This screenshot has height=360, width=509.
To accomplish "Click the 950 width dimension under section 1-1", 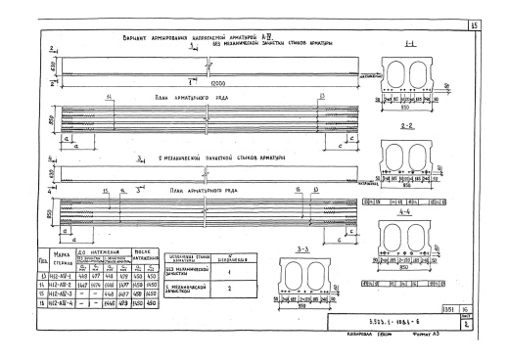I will tap(418, 107).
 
